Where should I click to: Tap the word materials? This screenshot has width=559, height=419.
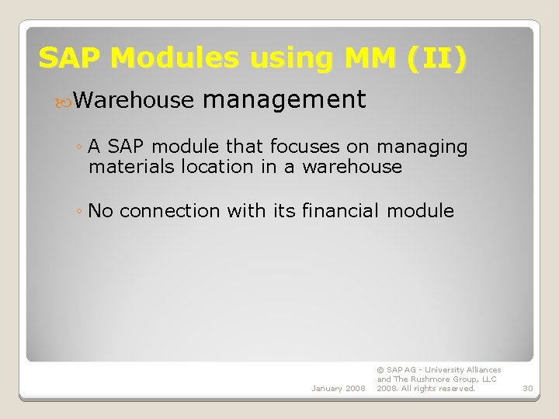coord(132,166)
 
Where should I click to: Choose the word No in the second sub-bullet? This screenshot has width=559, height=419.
coord(101,210)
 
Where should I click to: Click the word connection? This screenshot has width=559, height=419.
coord(170,210)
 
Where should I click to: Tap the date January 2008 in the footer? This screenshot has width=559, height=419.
coord(338,388)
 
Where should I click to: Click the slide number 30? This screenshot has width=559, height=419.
coord(528,388)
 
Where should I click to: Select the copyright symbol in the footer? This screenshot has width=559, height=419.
coord(380,370)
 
